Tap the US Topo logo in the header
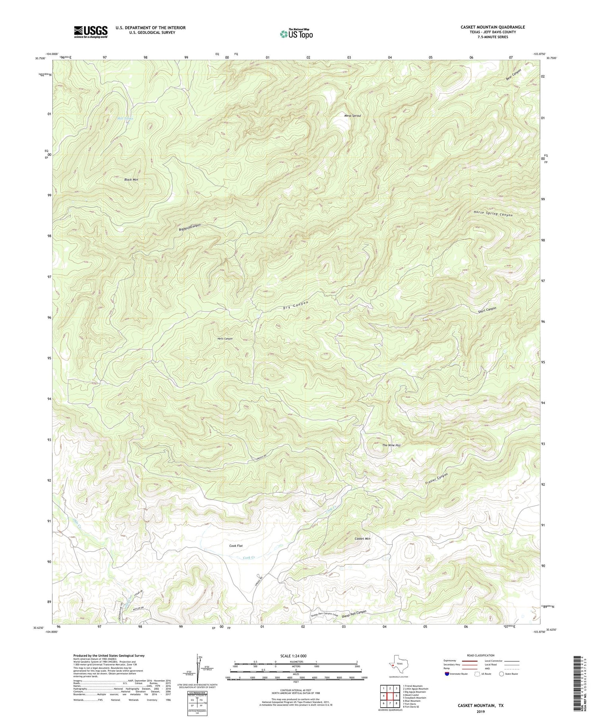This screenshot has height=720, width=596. [296, 34]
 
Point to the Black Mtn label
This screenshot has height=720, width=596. [131, 180]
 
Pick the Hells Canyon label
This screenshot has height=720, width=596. [225, 339]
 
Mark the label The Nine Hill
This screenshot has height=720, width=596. [391, 445]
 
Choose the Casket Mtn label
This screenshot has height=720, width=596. [362, 539]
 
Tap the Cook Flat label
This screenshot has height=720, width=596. [236, 546]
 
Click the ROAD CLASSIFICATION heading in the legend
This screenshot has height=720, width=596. [481, 655]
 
